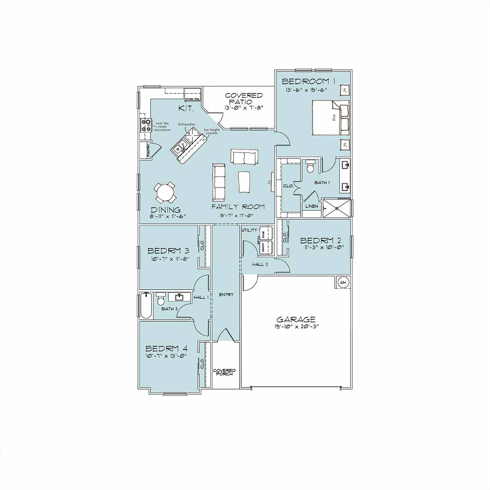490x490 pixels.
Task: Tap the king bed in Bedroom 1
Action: tap(331, 117)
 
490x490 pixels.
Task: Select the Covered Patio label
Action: tap(244, 98)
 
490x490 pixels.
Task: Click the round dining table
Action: tap(165, 193)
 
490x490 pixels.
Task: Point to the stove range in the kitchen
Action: tap(146, 125)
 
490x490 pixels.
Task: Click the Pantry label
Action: tap(148, 150)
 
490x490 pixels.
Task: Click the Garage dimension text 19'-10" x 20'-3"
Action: tap(296, 327)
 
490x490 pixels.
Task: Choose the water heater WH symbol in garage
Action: tap(343, 282)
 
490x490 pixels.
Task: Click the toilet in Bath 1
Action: tap(311, 167)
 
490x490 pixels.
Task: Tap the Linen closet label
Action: tap(312, 207)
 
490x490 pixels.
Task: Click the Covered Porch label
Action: tap(224, 372)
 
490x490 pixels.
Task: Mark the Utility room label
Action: tap(249, 230)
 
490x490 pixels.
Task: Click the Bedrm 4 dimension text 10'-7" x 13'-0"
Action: tap(166, 356)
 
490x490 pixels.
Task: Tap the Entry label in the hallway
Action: tap(226, 294)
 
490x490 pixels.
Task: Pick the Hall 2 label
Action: tap(260, 265)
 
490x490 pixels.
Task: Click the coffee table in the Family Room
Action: tap(245, 181)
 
